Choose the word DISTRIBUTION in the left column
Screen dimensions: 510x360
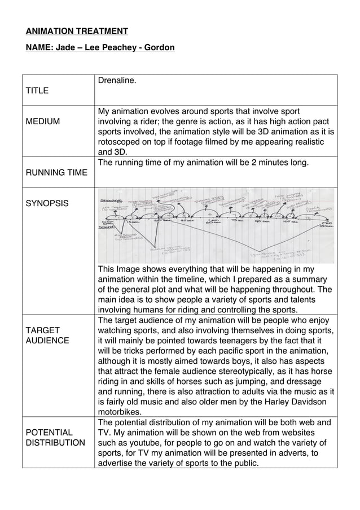(56, 443)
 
